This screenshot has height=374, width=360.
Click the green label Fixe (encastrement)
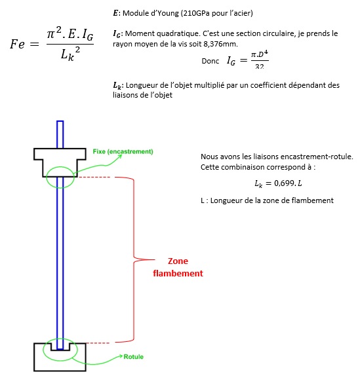[123, 151]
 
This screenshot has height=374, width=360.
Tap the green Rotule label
[134, 357]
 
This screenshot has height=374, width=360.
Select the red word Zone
[178, 261]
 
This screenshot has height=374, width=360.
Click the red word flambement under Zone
[178, 273]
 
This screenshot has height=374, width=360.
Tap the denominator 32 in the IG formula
[260, 66]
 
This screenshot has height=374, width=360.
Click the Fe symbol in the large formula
[17, 44]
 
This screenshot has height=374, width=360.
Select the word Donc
[210, 61]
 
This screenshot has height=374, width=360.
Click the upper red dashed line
[94, 178]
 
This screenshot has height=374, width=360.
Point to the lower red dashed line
[98, 343]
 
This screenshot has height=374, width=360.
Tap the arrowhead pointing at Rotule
[121, 356]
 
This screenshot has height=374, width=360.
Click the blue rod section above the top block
[60, 134]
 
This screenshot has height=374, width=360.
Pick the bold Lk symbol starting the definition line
[117, 86]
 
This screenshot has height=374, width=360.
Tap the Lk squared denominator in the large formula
[70, 54]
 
